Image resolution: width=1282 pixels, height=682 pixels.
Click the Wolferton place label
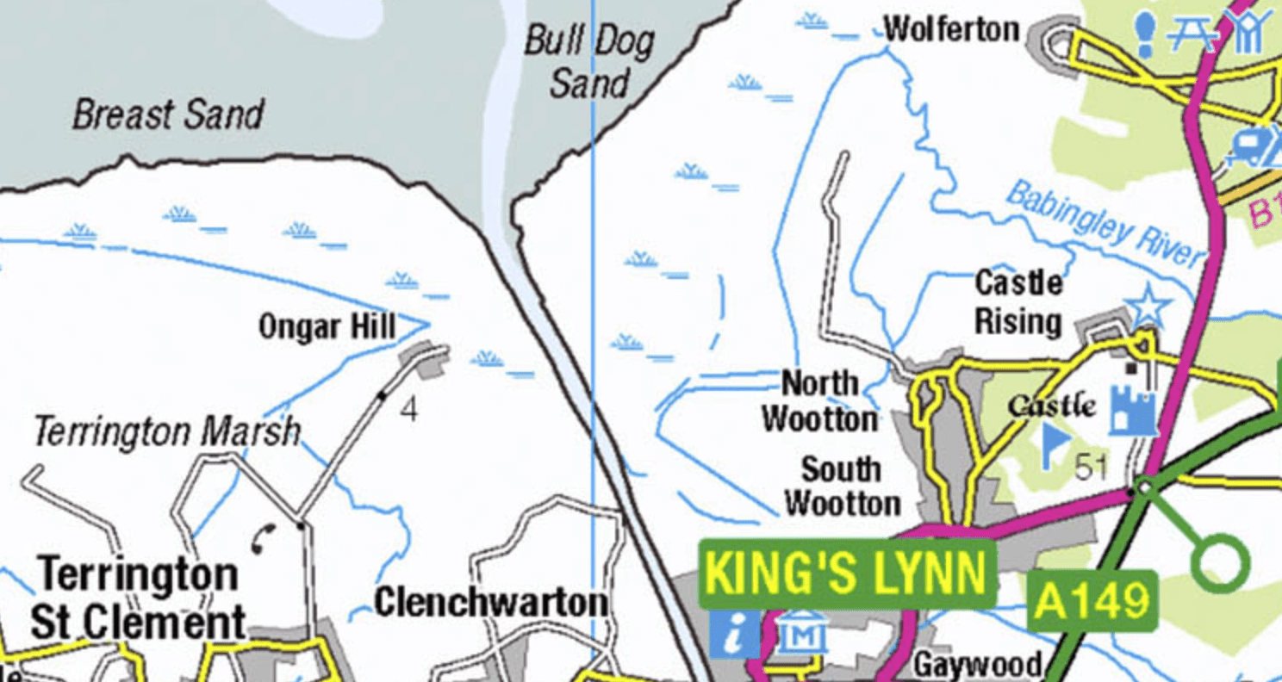[x=951, y=30]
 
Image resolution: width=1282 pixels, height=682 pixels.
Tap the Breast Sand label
[x=168, y=115]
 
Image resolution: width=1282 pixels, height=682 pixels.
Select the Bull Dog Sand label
[x=589, y=62]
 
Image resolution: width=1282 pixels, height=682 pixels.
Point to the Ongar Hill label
[x=327, y=327]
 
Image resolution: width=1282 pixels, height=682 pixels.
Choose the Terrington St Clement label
[x=138, y=598]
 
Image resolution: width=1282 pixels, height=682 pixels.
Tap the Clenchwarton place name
[x=491, y=602]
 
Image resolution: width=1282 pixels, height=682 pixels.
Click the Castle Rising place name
[x=1018, y=302]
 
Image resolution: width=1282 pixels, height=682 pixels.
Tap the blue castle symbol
[x=1132, y=410]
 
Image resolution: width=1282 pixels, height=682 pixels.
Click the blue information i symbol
[x=734, y=635]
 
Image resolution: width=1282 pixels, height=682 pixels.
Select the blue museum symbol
[x=801, y=635]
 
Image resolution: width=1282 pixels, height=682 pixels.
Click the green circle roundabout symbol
[x=1220, y=563]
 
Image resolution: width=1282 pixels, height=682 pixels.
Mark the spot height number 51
[x=1092, y=467]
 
